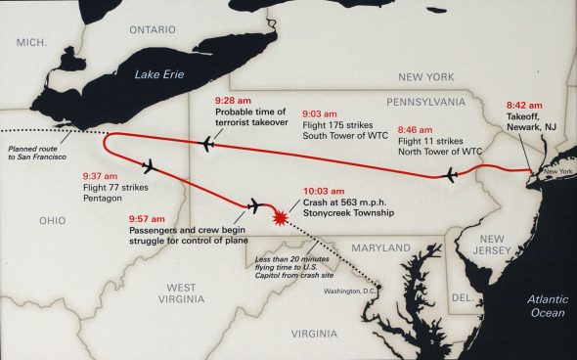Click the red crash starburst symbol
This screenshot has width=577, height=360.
click(x=282, y=215)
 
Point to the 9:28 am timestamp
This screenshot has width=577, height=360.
click(x=232, y=100)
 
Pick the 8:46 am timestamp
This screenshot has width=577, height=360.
click(x=416, y=127)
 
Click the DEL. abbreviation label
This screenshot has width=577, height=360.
click(x=462, y=295)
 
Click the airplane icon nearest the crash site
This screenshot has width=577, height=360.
click(x=256, y=205)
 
